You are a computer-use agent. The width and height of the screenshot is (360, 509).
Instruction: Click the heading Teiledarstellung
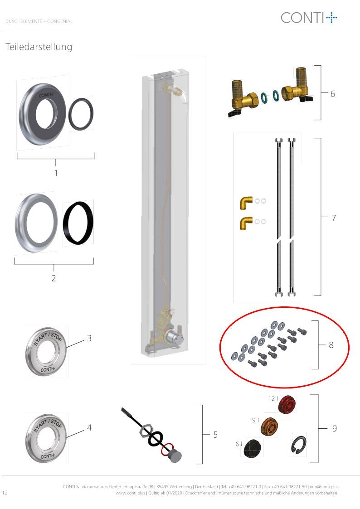(x=39, y=47)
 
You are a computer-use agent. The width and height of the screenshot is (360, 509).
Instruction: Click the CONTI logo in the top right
(x=309, y=18)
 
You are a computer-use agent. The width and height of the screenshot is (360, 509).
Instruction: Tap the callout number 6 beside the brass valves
(x=333, y=94)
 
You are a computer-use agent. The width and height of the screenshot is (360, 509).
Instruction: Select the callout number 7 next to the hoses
(x=333, y=218)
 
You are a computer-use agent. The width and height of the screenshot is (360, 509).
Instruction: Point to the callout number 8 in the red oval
(x=331, y=345)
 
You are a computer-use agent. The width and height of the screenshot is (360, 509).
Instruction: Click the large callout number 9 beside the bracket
(x=334, y=428)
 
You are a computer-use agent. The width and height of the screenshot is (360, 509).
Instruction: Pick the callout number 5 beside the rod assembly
(x=215, y=435)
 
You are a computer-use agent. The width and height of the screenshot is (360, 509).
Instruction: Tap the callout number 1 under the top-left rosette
(x=56, y=173)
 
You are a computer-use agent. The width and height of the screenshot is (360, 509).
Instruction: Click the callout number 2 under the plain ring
(x=54, y=278)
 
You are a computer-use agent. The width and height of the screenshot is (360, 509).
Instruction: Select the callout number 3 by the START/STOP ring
(x=89, y=338)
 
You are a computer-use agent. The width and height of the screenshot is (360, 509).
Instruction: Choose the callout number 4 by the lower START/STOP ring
(x=89, y=427)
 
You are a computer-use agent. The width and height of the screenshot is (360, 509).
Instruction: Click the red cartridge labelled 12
(x=287, y=404)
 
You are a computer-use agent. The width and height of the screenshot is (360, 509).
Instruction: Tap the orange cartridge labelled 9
(x=269, y=427)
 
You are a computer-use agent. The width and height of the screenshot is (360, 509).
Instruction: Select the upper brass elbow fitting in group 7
(x=246, y=203)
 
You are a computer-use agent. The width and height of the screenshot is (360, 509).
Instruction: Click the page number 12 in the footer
(x=5, y=492)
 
